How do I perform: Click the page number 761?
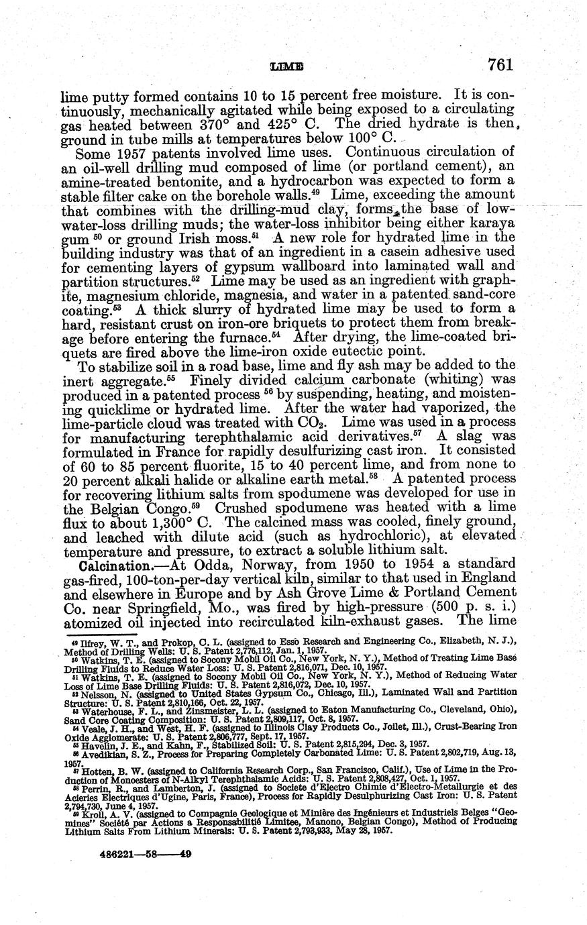point(500,64)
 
